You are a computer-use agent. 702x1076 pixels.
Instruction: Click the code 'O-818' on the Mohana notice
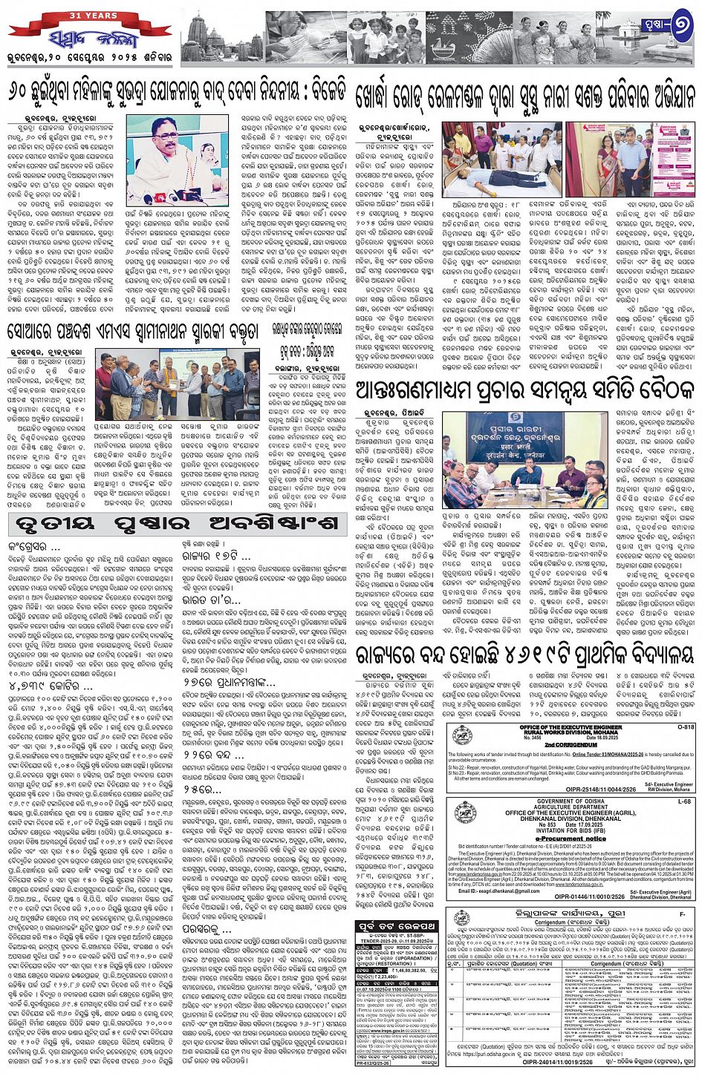[684, 727]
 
